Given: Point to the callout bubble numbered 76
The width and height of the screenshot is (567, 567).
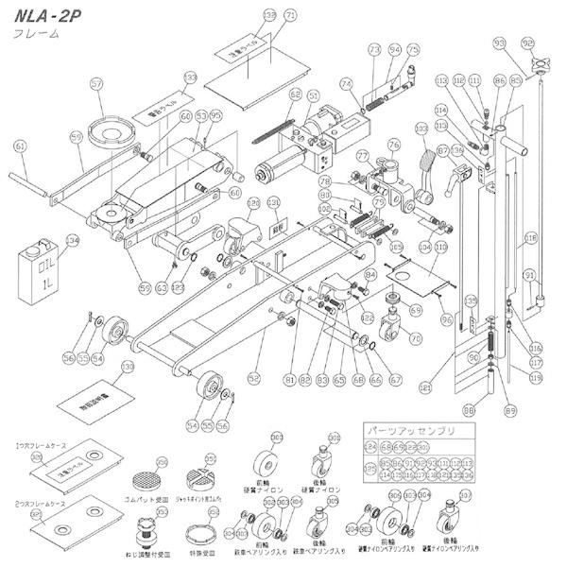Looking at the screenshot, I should pos(394,144).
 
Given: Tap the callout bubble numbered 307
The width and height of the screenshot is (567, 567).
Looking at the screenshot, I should pos(464,493).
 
